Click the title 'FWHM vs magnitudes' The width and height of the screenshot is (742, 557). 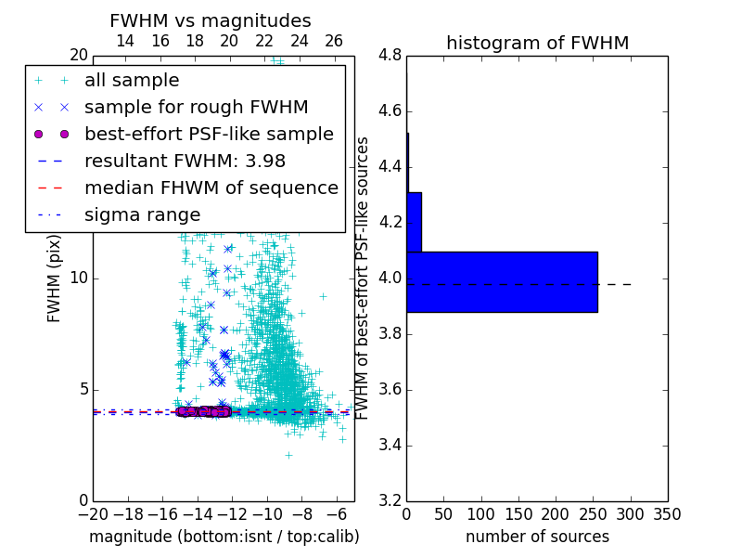tap(210, 20)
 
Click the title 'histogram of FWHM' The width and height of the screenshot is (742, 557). tap(537, 43)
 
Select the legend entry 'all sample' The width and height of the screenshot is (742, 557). tap(132, 81)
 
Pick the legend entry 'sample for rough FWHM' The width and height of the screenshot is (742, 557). tap(196, 108)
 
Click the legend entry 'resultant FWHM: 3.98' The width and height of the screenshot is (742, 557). tap(185, 161)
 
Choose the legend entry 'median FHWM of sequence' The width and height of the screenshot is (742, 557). tap(211, 188)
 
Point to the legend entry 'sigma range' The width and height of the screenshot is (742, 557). tap(142, 214)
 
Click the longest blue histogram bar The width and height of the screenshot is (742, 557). tap(502, 281)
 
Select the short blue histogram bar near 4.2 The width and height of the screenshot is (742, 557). tap(414, 222)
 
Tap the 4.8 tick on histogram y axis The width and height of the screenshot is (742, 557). tap(390, 56)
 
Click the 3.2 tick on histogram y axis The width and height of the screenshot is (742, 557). tap(390, 500)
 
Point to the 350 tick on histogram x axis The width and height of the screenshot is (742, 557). tap(668, 514)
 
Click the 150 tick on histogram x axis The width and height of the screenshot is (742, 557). tap(518, 514)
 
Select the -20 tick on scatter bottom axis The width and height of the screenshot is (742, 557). tap(93, 514)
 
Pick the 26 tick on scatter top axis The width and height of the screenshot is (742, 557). tap(334, 41)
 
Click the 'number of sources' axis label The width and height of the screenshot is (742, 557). tap(537, 537)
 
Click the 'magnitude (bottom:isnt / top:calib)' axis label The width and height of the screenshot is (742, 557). tap(224, 537)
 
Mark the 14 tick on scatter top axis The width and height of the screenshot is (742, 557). tap(124, 41)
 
